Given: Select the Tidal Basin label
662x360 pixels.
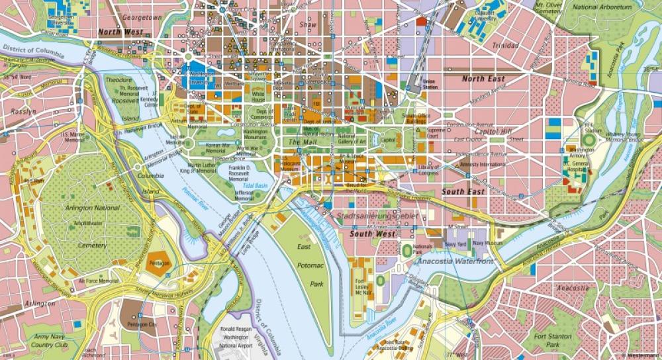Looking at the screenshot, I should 254,186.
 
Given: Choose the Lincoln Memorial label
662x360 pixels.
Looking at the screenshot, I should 175,142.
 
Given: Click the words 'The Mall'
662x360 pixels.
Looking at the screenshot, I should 302,142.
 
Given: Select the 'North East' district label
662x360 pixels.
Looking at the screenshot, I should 483,79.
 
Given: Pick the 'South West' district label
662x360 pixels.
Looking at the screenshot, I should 373,234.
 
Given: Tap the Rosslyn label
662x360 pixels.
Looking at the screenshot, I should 23,112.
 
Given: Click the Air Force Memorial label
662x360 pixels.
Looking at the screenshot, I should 99,281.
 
